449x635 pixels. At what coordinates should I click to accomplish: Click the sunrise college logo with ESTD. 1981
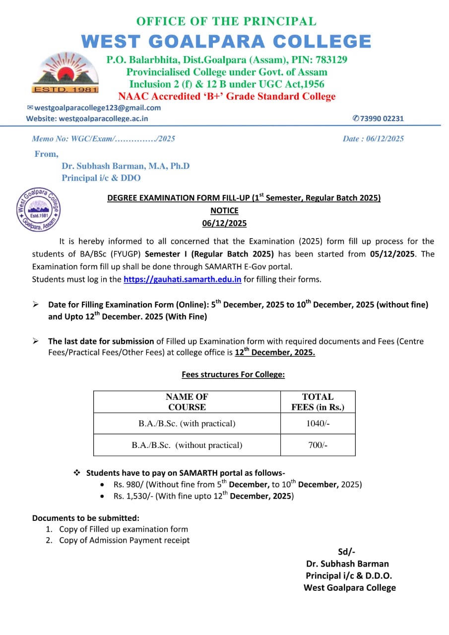[x=65, y=73]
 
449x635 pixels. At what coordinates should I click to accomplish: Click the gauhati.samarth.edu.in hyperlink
[x=182, y=279]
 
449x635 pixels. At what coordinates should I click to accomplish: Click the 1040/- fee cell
[x=318, y=424]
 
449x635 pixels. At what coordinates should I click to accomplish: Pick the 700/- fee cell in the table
[x=318, y=445]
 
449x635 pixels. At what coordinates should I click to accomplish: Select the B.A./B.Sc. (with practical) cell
[x=187, y=424]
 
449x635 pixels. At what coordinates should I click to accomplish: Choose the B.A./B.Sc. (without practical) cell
[x=187, y=445]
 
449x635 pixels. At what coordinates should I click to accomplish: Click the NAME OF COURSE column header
[x=187, y=402]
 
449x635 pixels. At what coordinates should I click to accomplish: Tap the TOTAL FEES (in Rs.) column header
[x=318, y=402]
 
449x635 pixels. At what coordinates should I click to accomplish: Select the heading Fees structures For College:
[x=233, y=375]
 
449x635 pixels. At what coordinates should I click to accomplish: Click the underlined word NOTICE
[x=224, y=211]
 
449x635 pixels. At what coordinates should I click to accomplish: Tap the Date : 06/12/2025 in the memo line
[x=373, y=139]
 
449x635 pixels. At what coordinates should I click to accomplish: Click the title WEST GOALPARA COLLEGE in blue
[x=226, y=41]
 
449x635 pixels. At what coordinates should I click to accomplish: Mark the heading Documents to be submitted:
[x=85, y=518]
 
